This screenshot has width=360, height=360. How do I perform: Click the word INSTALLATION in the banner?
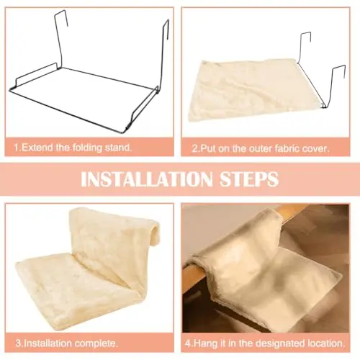(x=146, y=179)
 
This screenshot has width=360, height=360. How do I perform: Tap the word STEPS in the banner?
(x=249, y=179)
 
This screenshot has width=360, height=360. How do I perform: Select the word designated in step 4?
(x=280, y=343)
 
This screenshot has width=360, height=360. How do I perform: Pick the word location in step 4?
(x=325, y=343)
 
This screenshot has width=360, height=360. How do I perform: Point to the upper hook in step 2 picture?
(x=305, y=38)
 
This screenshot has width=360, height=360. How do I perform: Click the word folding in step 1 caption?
(x=87, y=148)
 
